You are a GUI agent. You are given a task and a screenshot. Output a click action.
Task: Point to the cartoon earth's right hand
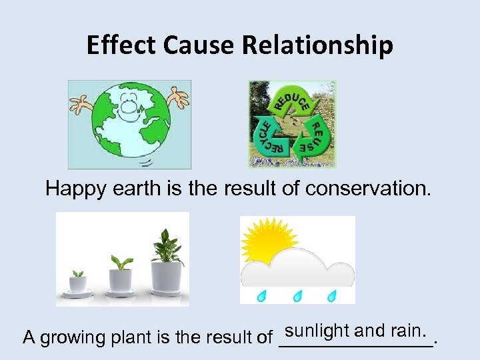point(178,96)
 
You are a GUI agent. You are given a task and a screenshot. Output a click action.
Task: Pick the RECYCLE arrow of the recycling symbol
point(267,136)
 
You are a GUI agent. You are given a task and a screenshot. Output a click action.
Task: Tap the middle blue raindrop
point(297,295)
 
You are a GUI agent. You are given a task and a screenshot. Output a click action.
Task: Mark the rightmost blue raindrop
point(332,295)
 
